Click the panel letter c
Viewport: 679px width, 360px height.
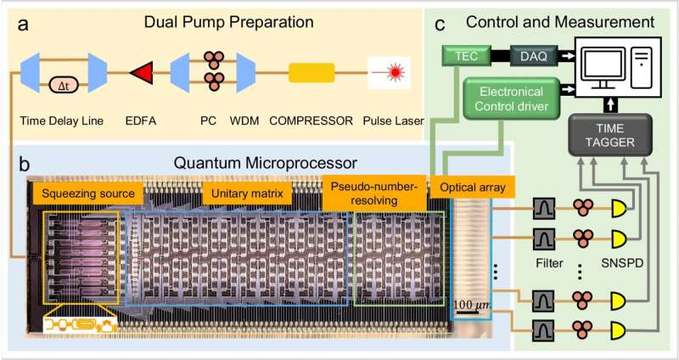click(x=442, y=25)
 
